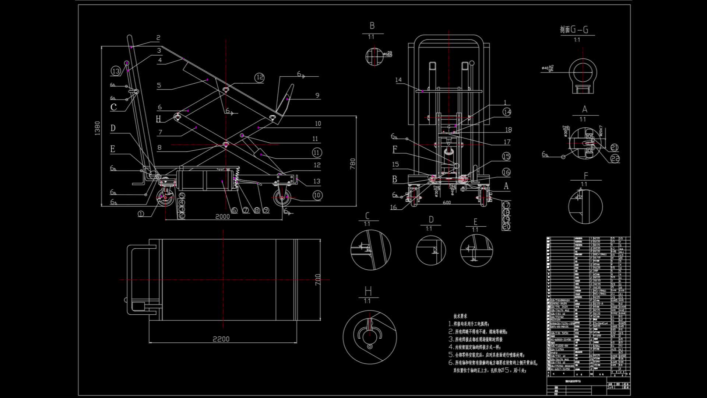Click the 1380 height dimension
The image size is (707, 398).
click(x=97, y=128)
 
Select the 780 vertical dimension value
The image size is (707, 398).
click(x=353, y=163)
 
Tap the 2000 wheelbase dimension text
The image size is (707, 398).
click(x=222, y=216)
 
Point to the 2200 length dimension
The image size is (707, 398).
click(x=221, y=339)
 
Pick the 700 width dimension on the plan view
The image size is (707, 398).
click(x=318, y=280)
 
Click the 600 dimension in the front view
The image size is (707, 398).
click(x=447, y=203)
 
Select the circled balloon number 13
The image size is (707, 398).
click(x=116, y=71)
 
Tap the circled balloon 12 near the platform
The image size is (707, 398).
click(x=260, y=77)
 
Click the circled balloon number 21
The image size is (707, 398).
click(x=614, y=147)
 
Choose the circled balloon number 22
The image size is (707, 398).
click(x=615, y=158)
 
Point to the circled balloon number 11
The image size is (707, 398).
click(x=317, y=152)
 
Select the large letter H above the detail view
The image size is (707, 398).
click(x=368, y=291)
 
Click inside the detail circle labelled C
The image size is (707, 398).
click(x=370, y=250)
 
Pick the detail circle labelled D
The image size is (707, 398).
click(x=430, y=250)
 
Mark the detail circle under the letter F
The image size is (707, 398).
click(x=585, y=206)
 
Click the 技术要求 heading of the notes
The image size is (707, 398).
click(x=460, y=316)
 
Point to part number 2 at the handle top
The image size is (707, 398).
click(x=158, y=38)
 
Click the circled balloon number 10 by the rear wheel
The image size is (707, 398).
click(x=317, y=195)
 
